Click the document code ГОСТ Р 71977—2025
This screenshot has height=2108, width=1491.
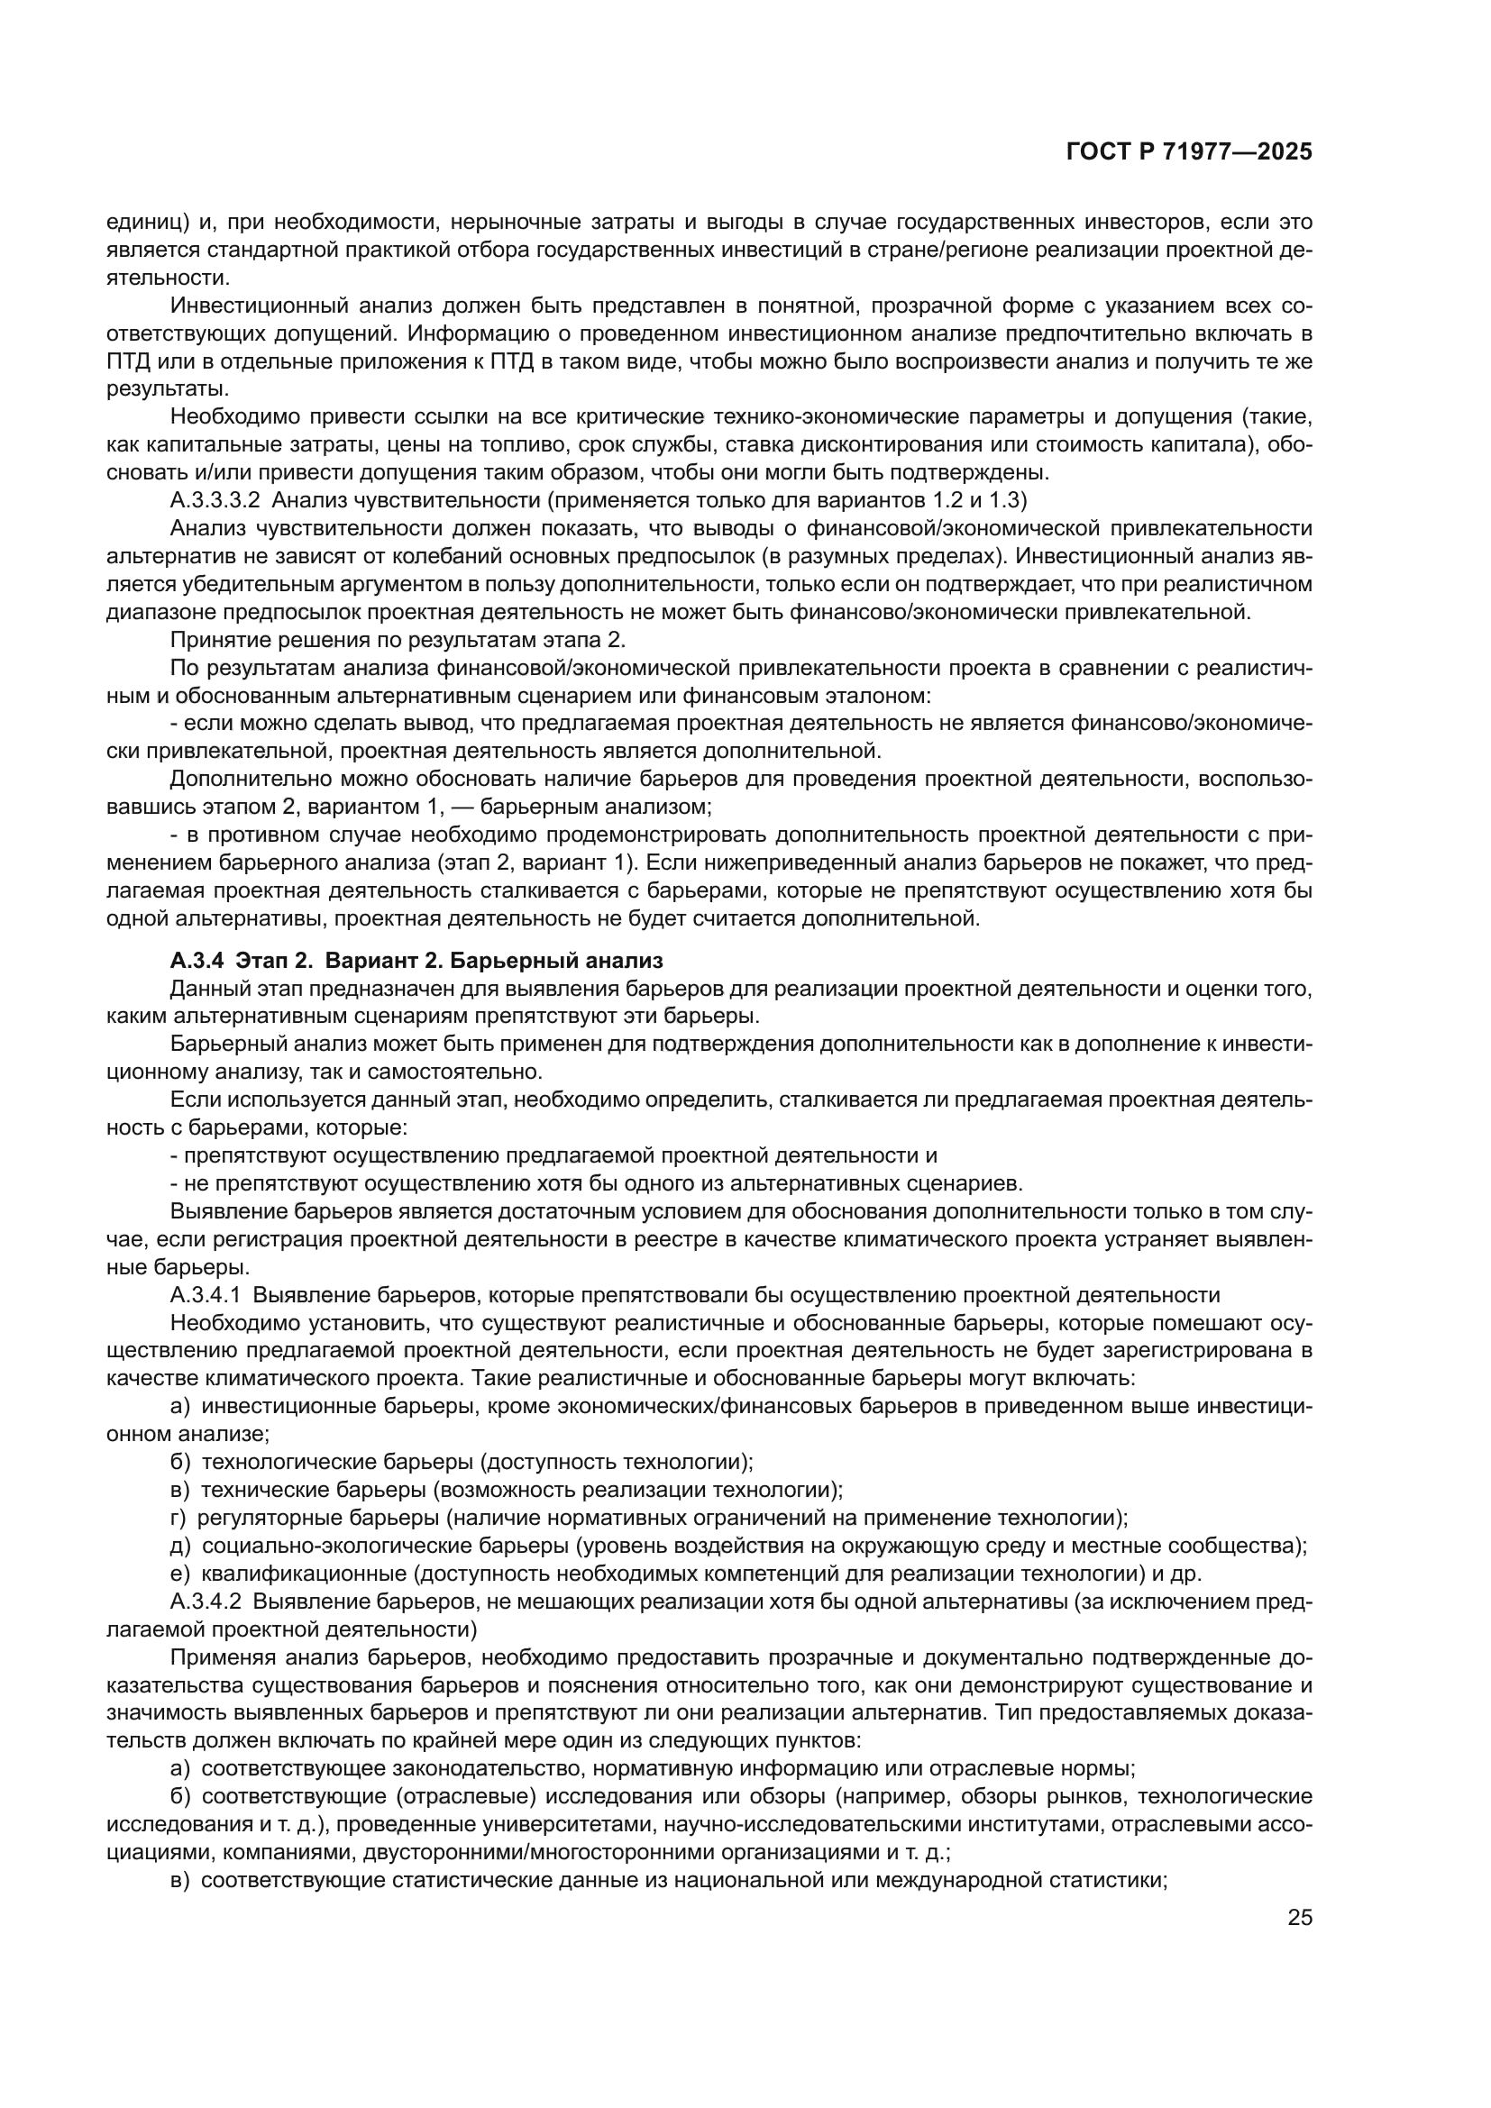pos(1189,152)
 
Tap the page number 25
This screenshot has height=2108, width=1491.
pos(1299,1918)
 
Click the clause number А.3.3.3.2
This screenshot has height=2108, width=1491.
pos(215,500)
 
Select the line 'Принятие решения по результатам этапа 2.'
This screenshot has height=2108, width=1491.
pos(398,640)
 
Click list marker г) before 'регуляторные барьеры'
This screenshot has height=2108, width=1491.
pos(178,1519)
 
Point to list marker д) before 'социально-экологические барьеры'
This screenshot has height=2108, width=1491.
pos(180,1547)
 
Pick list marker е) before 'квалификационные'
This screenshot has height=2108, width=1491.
pos(180,1574)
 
